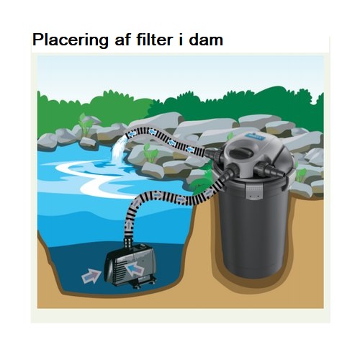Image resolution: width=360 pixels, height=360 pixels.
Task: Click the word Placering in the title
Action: click(x=71, y=40)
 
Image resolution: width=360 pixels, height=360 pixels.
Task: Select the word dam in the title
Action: click(x=206, y=40)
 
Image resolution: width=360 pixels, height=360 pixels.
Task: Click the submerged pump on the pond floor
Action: click(x=130, y=266)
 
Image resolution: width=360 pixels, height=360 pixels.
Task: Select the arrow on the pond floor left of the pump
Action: click(x=91, y=276)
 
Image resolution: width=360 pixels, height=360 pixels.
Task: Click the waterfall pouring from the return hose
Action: click(x=118, y=149)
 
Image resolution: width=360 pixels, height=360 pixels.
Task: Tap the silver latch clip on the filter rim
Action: click(x=255, y=192)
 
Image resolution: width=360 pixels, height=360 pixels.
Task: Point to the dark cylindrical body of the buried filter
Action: click(x=253, y=230)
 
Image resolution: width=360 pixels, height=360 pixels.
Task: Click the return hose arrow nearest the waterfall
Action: click(x=132, y=134)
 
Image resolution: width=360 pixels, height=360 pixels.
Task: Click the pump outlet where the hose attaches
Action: click(x=128, y=243)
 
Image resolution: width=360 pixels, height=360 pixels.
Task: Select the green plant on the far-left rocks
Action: click(x=86, y=125)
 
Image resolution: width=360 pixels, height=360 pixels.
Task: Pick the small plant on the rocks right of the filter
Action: click(x=301, y=174)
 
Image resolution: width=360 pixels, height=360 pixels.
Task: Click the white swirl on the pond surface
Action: click(x=96, y=178)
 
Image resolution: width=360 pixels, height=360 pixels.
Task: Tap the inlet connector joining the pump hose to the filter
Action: click(x=228, y=173)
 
